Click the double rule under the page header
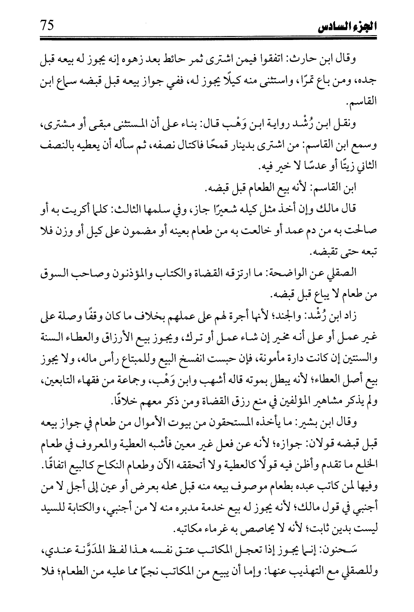[x=206, y=39]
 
